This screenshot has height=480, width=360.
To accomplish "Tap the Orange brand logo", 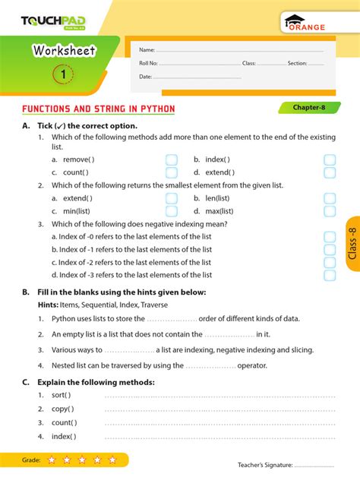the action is [x=305, y=24].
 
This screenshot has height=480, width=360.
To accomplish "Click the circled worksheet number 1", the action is [x=63, y=74].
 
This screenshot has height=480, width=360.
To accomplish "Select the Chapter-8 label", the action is [x=311, y=108].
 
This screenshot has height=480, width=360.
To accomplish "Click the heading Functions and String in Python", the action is [x=99, y=109].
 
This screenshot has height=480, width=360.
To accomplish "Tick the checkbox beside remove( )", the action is [x=172, y=159].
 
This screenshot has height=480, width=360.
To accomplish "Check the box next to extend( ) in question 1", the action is [x=330, y=172].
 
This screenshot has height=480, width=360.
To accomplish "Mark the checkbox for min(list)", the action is [x=172, y=211].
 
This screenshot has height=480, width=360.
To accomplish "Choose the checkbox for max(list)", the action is [x=330, y=211].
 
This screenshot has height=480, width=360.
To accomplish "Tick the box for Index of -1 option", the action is [x=330, y=249].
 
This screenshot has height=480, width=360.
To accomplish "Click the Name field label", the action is [x=147, y=50].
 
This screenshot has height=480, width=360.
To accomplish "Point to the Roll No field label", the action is [x=149, y=64].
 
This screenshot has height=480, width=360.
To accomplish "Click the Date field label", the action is [x=146, y=77].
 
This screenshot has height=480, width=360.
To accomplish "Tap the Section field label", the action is [x=297, y=64].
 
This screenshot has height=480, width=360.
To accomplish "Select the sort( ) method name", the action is [x=62, y=395].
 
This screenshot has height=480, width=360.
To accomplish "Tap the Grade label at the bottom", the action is [x=31, y=460].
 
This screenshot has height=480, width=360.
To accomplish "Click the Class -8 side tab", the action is [x=352, y=244].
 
